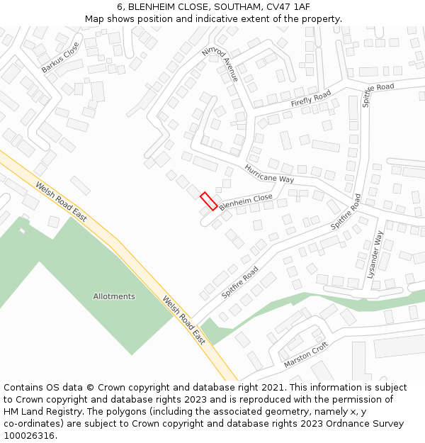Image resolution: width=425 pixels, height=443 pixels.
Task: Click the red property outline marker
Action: [x=208, y=201]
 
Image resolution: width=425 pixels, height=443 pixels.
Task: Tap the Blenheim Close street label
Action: [x=246, y=202]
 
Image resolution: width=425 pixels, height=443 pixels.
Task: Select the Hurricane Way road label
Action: [x=269, y=174]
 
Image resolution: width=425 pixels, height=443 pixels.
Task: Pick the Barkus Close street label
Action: [x=60, y=57]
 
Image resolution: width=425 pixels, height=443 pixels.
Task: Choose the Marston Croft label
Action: [x=306, y=355]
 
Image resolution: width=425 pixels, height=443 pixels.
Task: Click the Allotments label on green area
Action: [x=114, y=296]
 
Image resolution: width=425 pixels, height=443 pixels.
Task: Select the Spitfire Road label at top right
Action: [x=378, y=95]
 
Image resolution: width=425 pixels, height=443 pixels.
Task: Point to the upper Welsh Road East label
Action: [x=62, y=200]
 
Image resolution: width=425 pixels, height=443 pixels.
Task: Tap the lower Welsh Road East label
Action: [x=183, y=320]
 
